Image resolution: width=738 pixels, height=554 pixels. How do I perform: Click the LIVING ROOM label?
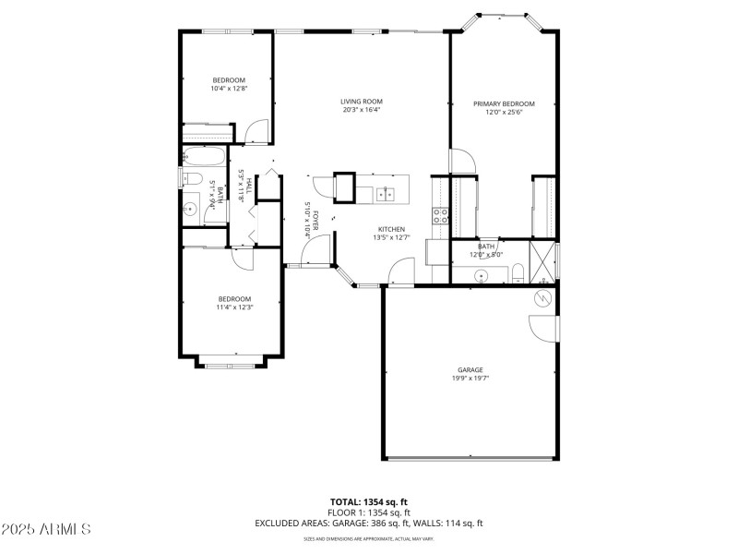point(361,102)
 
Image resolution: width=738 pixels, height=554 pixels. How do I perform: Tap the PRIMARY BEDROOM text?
point(504,103)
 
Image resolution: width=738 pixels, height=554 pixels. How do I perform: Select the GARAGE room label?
point(470,369)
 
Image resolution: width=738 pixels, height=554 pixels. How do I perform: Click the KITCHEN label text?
point(392,229)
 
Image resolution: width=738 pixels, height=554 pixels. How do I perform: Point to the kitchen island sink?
point(386,194)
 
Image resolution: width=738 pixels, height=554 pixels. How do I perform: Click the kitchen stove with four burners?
point(441,216)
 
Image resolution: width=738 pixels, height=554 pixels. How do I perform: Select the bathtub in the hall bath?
point(204,156)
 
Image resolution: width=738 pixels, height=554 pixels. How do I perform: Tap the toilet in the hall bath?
point(189,178)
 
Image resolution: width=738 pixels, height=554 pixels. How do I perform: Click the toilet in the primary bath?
point(518,271)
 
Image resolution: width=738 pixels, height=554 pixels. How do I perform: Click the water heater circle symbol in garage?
point(543,299)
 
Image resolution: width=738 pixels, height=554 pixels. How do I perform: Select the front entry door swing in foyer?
point(315,247)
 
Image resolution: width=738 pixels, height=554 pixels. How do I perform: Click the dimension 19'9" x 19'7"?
point(470,378)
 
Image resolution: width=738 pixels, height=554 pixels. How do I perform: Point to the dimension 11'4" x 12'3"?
point(234,307)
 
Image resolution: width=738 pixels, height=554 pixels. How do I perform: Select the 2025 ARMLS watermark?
point(46,529)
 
